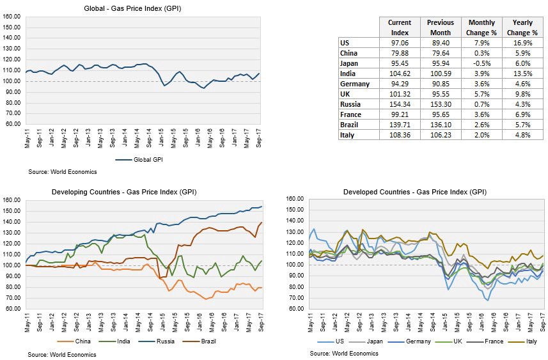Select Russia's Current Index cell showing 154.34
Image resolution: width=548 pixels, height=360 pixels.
400,104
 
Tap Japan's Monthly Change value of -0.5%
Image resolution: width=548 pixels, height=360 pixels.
481,63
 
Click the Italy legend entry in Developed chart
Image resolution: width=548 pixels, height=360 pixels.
529,341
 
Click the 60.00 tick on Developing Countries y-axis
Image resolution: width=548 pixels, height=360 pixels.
13,309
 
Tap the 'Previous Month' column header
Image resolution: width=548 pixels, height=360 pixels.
441,27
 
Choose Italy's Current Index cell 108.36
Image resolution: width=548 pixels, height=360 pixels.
400,135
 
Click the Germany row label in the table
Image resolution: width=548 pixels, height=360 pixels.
356,84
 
